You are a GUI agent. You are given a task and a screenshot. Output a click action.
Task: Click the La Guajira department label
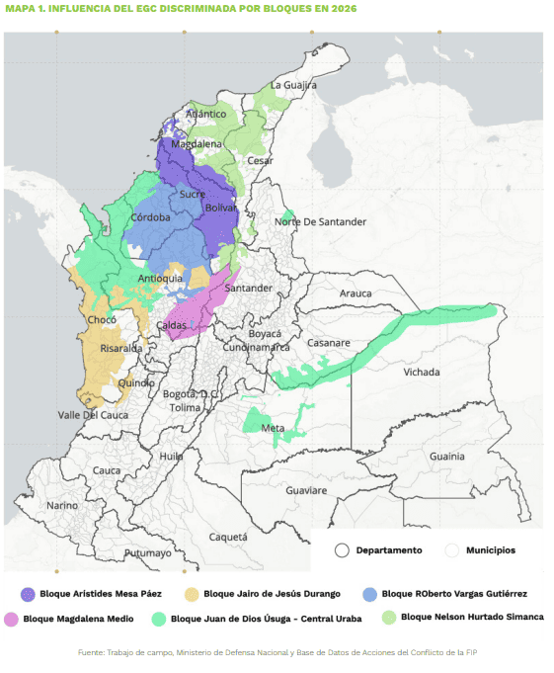click(x=293, y=85)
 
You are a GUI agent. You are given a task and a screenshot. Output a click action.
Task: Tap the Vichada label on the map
click(x=422, y=373)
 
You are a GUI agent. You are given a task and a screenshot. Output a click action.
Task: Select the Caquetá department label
click(x=228, y=537)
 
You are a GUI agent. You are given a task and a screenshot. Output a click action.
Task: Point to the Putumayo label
click(x=147, y=553)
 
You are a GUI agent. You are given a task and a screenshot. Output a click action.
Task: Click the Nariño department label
click(x=61, y=505)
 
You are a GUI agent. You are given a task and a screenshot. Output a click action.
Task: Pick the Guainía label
click(x=447, y=457)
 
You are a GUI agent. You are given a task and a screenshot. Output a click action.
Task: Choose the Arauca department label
click(x=356, y=294)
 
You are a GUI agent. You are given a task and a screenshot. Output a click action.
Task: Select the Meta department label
click(x=273, y=428)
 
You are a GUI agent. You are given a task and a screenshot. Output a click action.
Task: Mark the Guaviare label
click(x=305, y=490)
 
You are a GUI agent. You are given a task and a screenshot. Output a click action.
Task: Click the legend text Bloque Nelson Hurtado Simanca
click(x=472, y=618)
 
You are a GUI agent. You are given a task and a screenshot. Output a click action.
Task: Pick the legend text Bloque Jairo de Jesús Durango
click(x=272, y=594)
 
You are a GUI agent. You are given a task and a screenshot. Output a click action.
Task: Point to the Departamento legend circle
click(x=342, y=550)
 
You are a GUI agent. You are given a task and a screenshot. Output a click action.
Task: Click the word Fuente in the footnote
click(x=93, y=652)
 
